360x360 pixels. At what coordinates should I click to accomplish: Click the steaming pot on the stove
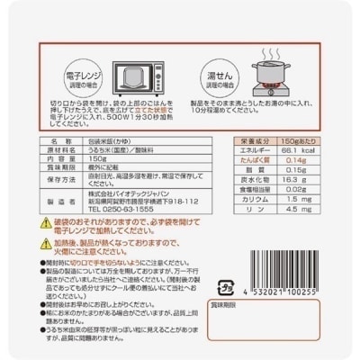(281, 75)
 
